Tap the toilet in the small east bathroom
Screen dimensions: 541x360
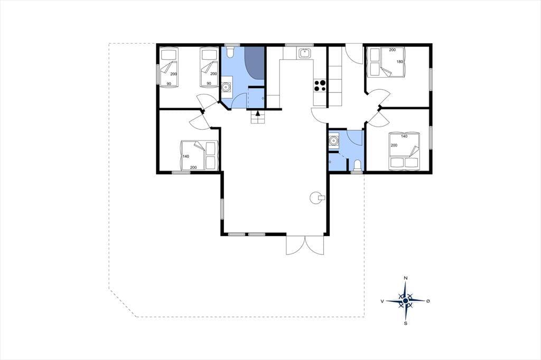click(x=357, y=165)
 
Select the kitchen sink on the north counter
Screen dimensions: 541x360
click(x=305, y=53)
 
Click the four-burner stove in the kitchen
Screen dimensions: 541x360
click(x=320, y=86)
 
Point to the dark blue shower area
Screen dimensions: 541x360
click(x=255, y=62)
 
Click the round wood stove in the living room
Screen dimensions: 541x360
click(x=317, y=197)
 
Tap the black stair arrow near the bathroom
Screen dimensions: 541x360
click(x=258, y=113)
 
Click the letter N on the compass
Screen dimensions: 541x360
click(x=406, y=278)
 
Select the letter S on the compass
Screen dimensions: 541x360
click(x=406, y=323)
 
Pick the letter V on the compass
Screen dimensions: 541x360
click(x=383, y=301)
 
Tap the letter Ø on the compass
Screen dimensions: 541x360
click(x=428, y=301)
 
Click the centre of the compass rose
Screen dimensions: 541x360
click(x=406, y=301)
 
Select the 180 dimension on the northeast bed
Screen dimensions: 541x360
click(x=399, y=62)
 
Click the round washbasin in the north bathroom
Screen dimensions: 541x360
click(x=226, y=87)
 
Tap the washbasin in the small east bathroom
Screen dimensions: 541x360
click(x=333, y=140)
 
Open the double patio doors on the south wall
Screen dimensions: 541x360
click(x=305, y=245)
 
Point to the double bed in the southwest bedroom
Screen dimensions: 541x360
click(x=199, y=156)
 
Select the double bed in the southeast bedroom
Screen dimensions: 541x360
click(x=404, y=151)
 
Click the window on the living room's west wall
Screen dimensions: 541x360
click(x=222, y=209)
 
